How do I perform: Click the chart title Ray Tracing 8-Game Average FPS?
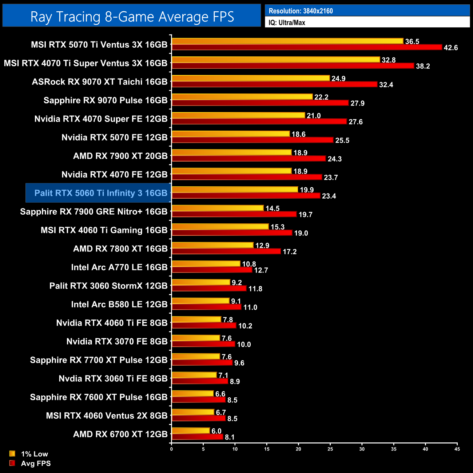132,17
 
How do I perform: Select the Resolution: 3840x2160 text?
301,11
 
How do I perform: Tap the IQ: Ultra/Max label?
287,23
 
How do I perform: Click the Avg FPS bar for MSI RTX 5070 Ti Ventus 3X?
307,47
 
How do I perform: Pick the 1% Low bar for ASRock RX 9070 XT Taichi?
251,78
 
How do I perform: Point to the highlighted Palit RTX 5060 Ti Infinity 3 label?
101,193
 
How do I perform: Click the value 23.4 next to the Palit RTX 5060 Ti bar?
329,196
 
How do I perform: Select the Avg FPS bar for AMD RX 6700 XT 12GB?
197,437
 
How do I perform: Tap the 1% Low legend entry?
34,454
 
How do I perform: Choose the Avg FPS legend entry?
36,464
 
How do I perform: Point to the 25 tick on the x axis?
330,449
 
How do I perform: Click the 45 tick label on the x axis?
457,449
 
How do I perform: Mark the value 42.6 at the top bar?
451,48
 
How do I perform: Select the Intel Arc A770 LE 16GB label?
119,267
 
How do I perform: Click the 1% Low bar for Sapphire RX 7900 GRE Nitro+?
218,208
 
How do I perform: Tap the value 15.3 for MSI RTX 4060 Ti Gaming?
278,227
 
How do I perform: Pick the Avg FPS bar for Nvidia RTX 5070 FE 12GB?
253,140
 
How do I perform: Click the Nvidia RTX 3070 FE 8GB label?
117,342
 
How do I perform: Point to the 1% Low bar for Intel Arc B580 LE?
200,301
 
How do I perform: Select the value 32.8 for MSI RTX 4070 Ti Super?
389,60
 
